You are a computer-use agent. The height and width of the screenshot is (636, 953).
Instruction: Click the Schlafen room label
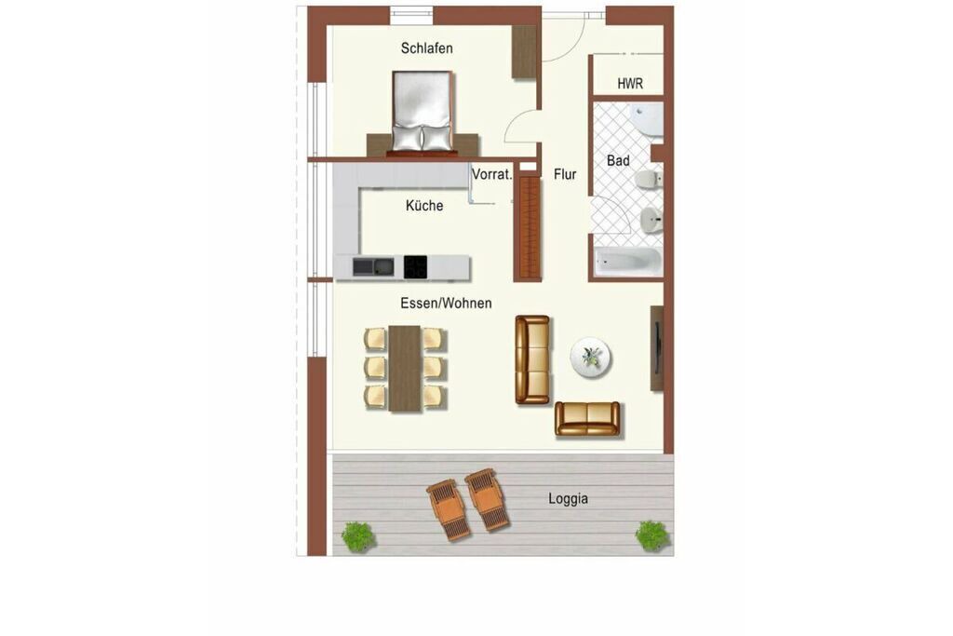pos(426,48)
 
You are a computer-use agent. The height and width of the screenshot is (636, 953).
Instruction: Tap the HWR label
pos(630,83)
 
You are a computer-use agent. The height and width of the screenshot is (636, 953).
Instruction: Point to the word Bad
pos(618,160)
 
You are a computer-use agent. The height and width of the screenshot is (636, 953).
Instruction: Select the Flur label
pos(565,174)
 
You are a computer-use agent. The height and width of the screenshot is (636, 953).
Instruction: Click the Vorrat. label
pos(492,174)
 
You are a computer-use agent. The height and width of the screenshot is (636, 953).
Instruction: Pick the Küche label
pos(424,206)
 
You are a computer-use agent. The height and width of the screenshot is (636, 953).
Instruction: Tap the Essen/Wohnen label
pos(446,303)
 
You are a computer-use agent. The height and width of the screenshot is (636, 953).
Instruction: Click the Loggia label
pos(569,498)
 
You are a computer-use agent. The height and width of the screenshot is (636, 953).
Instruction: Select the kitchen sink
pos(373,267)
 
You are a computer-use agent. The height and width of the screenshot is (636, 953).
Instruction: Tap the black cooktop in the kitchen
pos(415,267)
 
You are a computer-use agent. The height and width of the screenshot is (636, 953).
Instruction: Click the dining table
pos(405,369)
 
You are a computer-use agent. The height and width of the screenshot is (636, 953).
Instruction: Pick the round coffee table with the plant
pos(591,357)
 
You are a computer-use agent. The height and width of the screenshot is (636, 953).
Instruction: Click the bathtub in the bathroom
pos(628,262)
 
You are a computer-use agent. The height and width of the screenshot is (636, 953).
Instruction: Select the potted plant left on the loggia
pos(357,537)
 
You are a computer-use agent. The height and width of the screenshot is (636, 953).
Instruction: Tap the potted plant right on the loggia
pos(652,535)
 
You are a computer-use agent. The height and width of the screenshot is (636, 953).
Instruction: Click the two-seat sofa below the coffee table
pos(587,419)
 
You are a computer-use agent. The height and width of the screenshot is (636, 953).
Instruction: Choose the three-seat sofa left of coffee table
pos(532,359)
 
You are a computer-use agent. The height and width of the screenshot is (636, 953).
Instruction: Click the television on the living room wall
pos(655,348)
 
